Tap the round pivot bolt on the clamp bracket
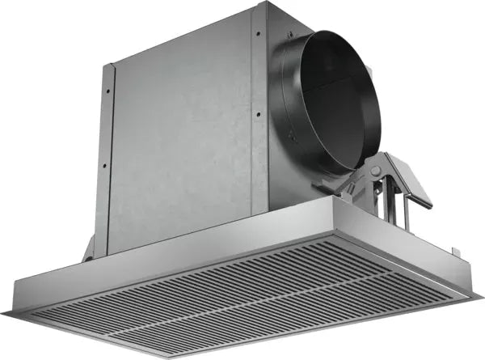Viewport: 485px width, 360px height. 374,172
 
